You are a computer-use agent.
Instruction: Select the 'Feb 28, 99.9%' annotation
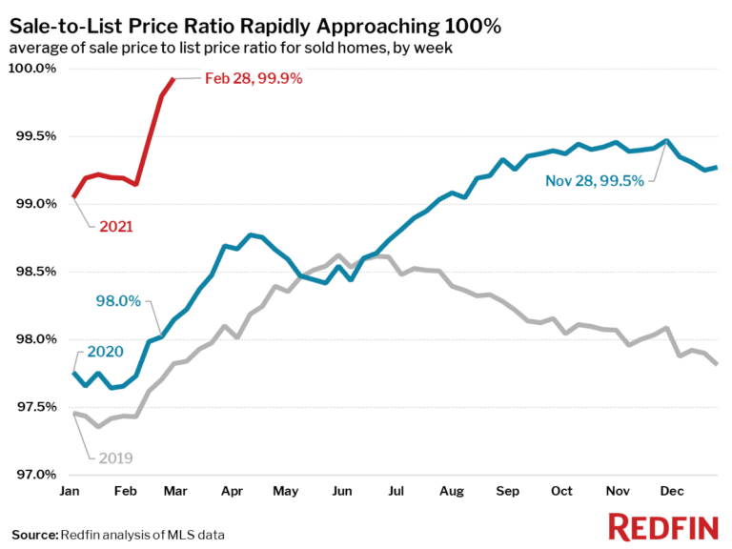click(254, 79)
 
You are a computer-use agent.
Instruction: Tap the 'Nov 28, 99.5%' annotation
click(594, 180)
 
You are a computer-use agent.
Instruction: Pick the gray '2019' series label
click(113, 457)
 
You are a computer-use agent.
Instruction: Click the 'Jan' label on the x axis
click(70, 492)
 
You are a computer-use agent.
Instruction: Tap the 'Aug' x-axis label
click(451, 492)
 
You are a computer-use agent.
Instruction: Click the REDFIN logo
click(662, 526)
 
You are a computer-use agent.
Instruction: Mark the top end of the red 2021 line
click(173, 79)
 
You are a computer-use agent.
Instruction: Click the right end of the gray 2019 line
click(716, 363)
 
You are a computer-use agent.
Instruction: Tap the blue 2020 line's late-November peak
click(666, 141)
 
